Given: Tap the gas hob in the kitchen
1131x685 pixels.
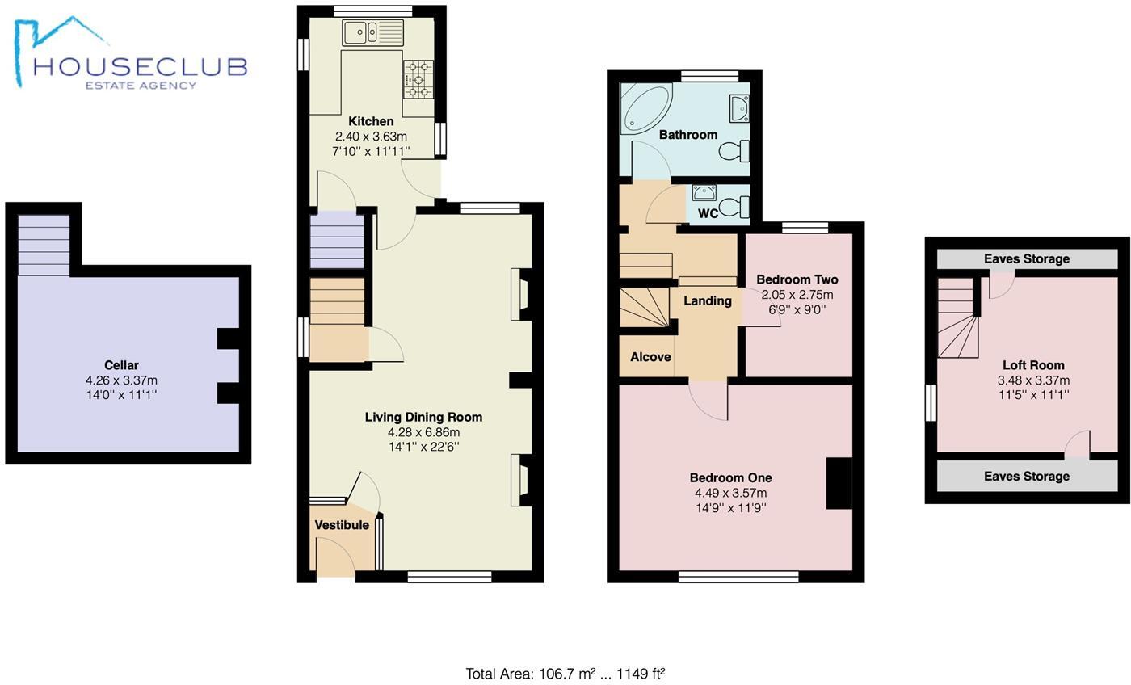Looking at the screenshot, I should pyautogui.click(x=418, y=79).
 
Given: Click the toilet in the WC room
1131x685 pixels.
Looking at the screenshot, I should pyautogui.click(x=734, y=209).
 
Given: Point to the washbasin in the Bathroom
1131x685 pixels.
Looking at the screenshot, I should pyautogui.click(x=739, y=107).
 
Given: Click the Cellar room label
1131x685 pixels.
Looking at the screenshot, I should pyautogui.click(x=121, y=365).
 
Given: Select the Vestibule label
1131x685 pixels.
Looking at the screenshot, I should pyautogui.click(x=342, y=525).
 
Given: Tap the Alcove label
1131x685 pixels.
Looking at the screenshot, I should pyautogui.click(x=650, y=357).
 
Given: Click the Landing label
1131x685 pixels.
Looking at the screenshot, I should pyautogui.click(x=708, y=301).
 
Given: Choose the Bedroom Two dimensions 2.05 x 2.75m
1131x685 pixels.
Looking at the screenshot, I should pyautogui.click(x=797, y=295).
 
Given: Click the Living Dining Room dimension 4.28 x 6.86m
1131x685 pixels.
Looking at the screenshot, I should pyautogui.click(x=423, y=432).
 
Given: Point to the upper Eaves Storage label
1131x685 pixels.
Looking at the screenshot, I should pyautogui.click(x=1026, y=259).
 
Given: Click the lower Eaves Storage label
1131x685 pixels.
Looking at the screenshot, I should pyautogui.click(x=1026, y=477).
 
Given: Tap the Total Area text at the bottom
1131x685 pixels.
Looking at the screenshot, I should pyautogui.click(x=565, y=674).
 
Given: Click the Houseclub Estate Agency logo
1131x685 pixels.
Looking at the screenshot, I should pyautogui.click(x=129, y=57).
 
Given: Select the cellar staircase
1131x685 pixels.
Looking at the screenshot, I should pyautogui.click(x=44, y=246).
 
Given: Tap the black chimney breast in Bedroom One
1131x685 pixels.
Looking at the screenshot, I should pyautogui.click(x=839, y=483).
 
